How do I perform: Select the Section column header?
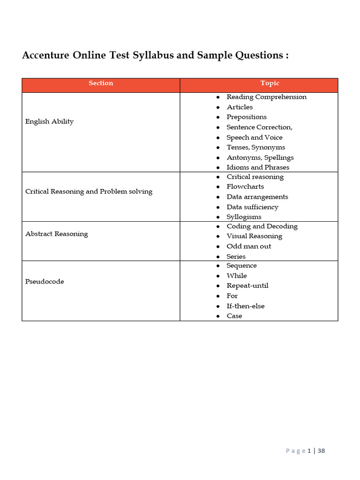[x=101, y=83]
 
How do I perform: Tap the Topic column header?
[x=270, y=83]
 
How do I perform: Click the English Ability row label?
[x=49, y=121]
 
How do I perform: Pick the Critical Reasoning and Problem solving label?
[x=89, y=192]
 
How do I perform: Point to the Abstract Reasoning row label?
[x=56, y=234]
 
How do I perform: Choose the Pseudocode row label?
[x=45, y=282]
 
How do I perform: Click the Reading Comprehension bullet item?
[x=266, y=97]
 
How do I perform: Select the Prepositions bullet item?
[x=247, y=117]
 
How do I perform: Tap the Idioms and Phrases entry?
[x=258, y=167]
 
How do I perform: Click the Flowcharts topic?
[x=245, y=187]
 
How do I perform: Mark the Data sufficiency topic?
[x=252, y=207]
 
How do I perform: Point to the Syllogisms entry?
[x=244, y=217]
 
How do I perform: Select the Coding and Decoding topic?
[x=262, y=226]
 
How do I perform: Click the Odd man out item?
[x=248, y=247]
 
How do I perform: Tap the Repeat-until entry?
[x=247, y=286]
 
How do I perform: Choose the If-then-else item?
[x=246, y=306]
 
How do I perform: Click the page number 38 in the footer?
[x=321, y=451]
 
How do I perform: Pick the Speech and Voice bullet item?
[x=255, y=137]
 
